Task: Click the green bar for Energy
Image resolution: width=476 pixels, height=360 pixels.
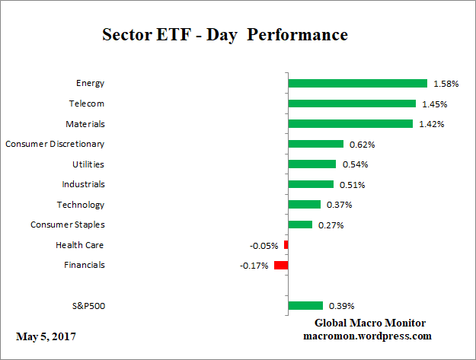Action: pos(357,83)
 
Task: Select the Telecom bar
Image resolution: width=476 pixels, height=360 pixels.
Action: pos(352,104)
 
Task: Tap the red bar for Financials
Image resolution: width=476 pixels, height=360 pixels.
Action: pos(281,265)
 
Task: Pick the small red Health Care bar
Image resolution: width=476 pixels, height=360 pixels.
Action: pos(286,245)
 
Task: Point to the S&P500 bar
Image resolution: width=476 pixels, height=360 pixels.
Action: pos(305,305)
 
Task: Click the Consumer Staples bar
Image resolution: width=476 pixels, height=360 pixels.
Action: pos(300,225)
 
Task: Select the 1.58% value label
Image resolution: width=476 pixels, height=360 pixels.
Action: pos(446,83)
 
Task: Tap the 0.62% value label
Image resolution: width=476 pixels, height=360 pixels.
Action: pos(362,144)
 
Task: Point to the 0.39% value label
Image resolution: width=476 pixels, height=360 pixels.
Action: pos(341,306)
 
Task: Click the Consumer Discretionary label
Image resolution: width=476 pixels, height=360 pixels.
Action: pos(55,143)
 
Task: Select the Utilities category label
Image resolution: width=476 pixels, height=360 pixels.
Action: pos(89,164)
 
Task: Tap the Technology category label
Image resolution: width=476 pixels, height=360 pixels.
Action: pos(81,205)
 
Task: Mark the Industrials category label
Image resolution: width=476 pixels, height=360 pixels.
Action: pos(83,184)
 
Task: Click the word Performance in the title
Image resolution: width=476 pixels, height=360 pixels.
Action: pos(302,35)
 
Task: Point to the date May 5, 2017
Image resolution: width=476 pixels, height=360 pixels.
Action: pos(46,336)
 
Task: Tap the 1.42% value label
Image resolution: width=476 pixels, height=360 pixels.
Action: pos(431,124)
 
